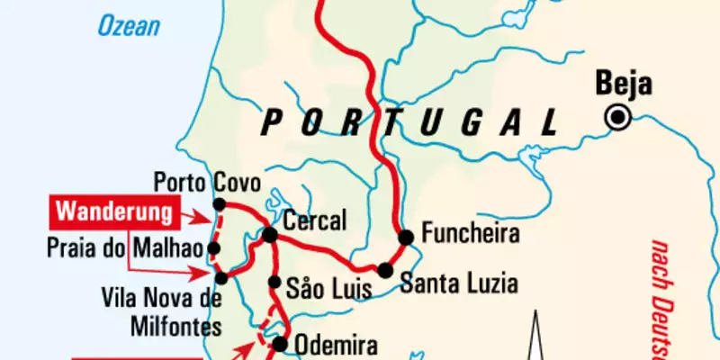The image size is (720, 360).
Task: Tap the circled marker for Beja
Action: point(618,116)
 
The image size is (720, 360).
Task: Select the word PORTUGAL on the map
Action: point(408,121)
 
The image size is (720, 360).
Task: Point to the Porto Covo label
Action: point(207,184)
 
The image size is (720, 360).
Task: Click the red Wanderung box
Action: point(114,213)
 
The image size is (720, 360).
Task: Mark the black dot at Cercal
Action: point(269,235)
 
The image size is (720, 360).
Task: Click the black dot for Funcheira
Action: point(406,237)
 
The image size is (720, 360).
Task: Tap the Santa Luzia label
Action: point(458,284)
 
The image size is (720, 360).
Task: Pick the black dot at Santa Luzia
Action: point(385,270)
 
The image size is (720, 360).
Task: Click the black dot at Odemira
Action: point(280,343)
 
